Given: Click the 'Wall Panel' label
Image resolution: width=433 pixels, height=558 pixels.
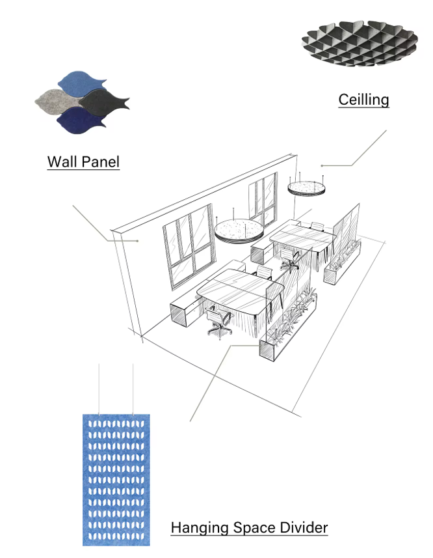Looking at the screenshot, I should click(83, 161).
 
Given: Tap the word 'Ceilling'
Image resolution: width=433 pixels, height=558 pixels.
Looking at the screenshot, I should click(363, 100).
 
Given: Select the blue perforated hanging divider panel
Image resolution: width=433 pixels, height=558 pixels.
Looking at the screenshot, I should click(116, 479).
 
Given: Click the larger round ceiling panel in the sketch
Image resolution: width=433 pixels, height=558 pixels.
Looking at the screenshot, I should click(238, 230).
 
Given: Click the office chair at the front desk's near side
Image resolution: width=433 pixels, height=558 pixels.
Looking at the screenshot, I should click(219, 322).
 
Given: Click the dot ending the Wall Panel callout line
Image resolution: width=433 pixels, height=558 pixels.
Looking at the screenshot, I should click(138, 240).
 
